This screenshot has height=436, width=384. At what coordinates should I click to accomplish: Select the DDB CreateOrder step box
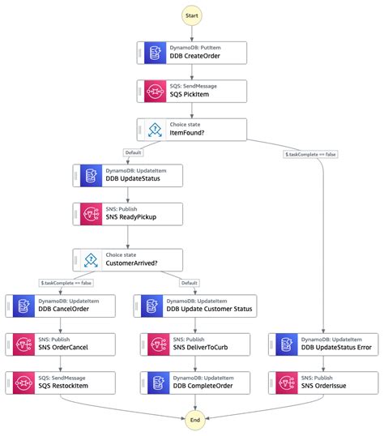click(x=190, y=53)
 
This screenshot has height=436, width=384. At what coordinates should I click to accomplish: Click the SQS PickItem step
click(x=190, y=91)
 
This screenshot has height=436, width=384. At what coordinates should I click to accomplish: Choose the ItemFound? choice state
click(x=190, y=129)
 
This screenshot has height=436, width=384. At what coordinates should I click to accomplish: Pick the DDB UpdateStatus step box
click(x=128, y=176)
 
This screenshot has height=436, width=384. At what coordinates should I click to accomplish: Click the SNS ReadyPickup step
click(x=128, y=214)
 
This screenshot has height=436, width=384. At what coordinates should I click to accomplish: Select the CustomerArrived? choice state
click(x=128, y=259)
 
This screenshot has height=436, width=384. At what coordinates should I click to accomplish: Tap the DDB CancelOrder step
click(x=60, y=306)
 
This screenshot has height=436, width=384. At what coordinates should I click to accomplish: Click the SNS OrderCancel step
click(x=60, y=344)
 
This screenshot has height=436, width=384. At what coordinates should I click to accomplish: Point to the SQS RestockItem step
click(x=60, y=382)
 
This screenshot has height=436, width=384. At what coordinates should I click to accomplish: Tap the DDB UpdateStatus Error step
click(x=324, y=344)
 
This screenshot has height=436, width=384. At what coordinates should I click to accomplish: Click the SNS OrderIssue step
click(x=324, y=382)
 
